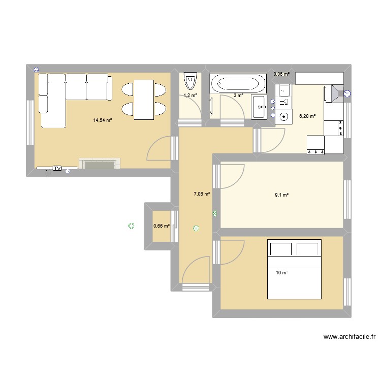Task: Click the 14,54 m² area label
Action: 102,120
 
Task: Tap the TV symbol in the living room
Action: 57,168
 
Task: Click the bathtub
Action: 238,83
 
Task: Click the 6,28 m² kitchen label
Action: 307,116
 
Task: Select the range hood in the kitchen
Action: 336,92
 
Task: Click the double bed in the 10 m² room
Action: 295,270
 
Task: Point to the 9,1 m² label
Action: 282,195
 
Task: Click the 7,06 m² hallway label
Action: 202,194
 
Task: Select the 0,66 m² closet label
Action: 162,227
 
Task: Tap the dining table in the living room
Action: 144,100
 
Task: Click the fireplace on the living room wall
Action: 100,164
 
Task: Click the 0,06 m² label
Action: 281,74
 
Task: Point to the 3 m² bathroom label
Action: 238,96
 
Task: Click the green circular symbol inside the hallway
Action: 196,229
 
